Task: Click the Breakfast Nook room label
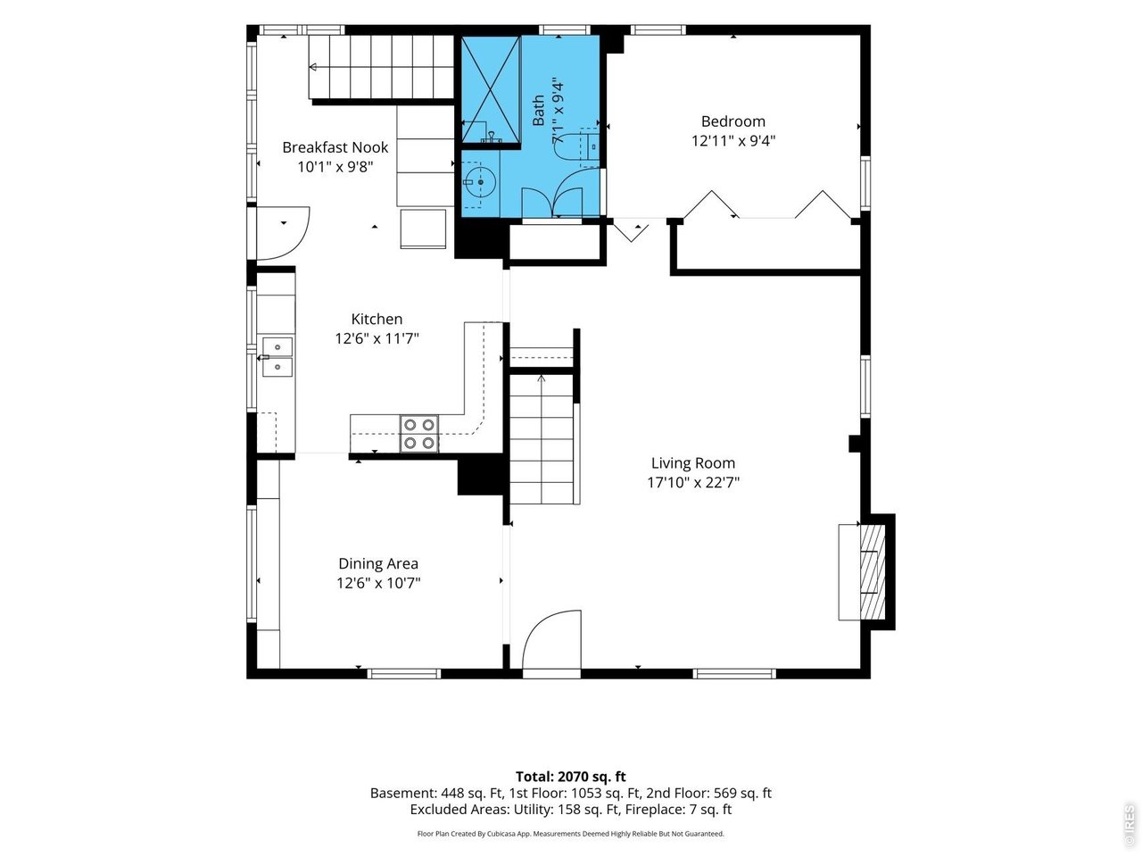[x=335, y=147]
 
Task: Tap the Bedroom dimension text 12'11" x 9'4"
[x=733, y=141]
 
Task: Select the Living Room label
[x=693, y=462]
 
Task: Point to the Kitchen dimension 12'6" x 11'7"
[x=377, y=338]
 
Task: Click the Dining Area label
[x=378, y=563]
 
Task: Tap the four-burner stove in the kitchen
[x=418, y=434]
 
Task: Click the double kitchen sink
[x=277, y=356]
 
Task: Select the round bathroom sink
[x=479, y=182]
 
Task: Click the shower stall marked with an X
[x=491, y=89]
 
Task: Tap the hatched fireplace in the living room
[x=873, y=572]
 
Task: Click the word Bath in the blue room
[x=539, y=111]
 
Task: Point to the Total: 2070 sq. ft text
[x=571, y=777]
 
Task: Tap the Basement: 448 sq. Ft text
[x=437, y=794]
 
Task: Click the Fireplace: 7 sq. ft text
[x=678, y=810]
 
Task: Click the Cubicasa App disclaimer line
[x=571, y=834]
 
